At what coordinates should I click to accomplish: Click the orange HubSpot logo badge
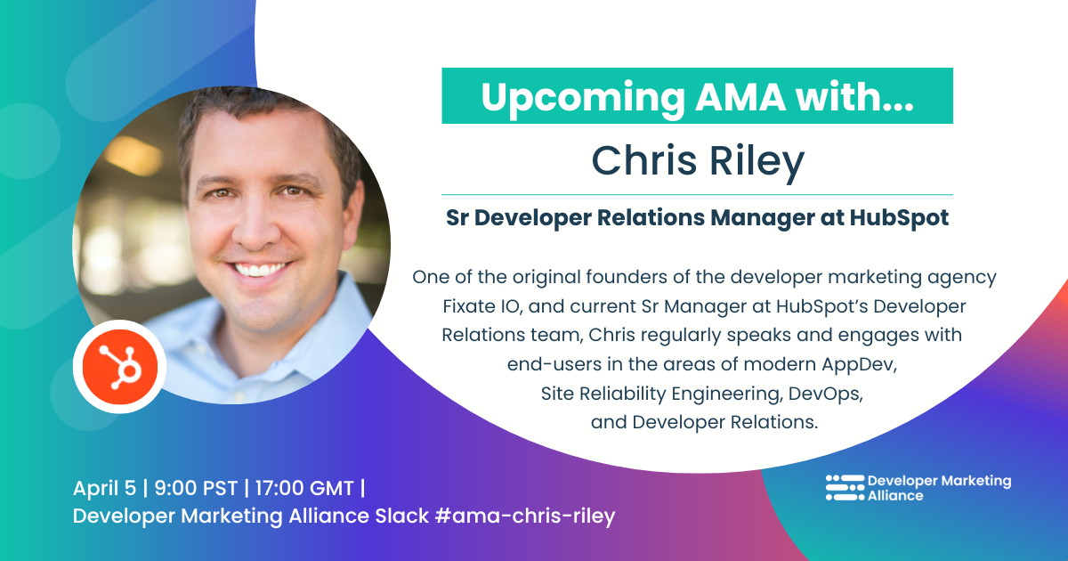(x=119, y=366)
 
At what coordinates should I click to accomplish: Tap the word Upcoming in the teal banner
(x=583, y=98)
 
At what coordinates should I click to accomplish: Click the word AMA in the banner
(x=740, y=97)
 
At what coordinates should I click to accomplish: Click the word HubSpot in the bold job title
(x=899, y=217)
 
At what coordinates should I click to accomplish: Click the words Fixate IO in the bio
(x=482, y=306)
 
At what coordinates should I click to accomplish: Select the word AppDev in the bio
(x=859, y=364)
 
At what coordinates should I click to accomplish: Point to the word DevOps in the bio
(x=825, y=394)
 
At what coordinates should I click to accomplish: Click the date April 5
(x=104, y=488)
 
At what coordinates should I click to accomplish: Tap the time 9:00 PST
(x=196, y=488)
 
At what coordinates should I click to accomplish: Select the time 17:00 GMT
(x=304, y=488)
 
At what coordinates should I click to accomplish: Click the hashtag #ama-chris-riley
(x=525, y=516)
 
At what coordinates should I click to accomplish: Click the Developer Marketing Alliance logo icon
(x=845, y=488)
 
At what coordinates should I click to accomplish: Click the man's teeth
(x=260, y=270)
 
